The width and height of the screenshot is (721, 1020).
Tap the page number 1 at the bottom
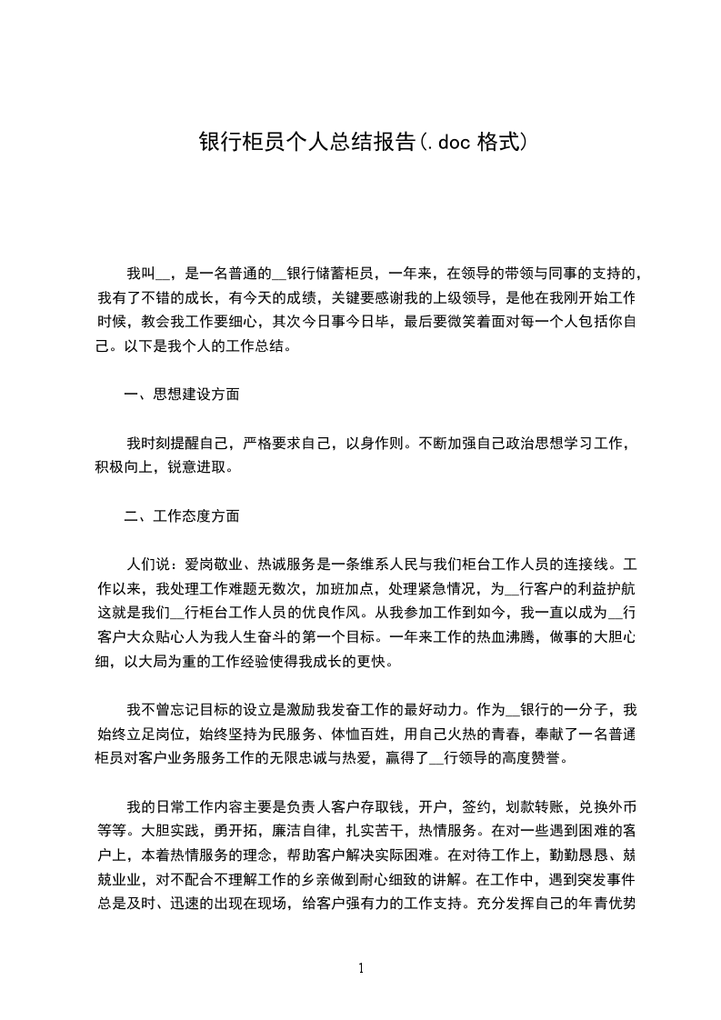pyautogui.click(x=361, y=968)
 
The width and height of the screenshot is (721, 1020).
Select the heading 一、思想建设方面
pyautogui.click(x=182, y=395)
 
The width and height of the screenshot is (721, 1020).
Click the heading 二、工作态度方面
pyautogui.click(x=182, y=516)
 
